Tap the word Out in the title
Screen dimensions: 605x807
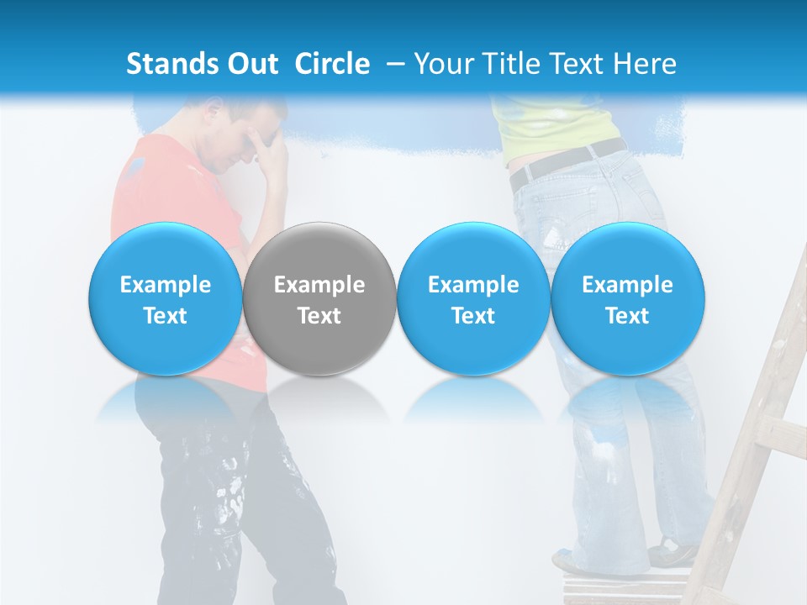pos(250,64)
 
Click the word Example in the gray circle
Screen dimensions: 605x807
pos(319,285)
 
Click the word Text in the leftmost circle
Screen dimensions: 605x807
pos(165,316)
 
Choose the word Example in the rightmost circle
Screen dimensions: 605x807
pos(628,285)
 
